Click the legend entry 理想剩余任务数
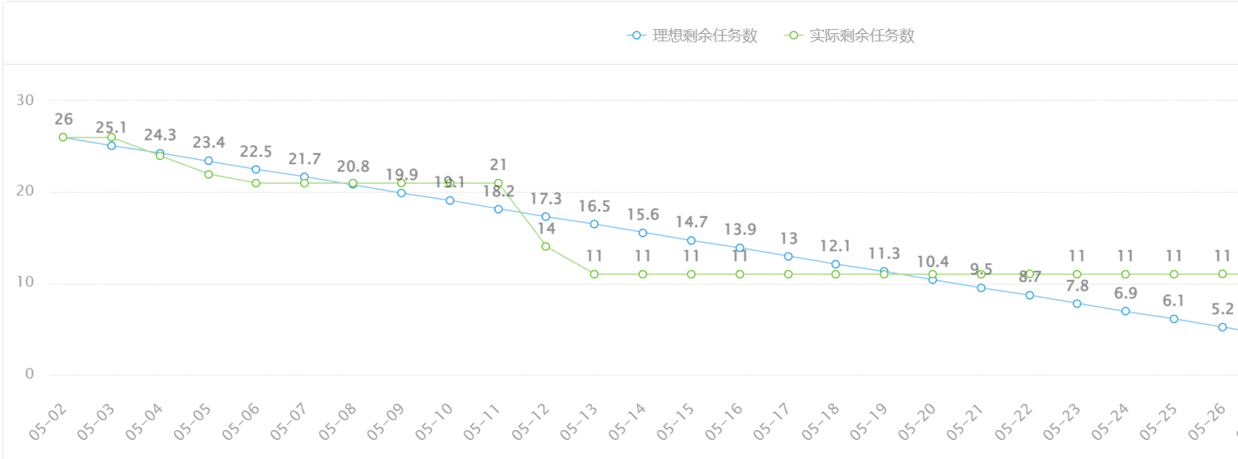tap(692, 36)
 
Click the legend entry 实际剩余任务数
tap(850, 36)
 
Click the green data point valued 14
tap(546, 246)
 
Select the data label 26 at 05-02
tap(63, 119)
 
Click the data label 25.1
tap(111, 128)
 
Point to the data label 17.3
tap(546, 199)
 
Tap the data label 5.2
tap(1222, 309)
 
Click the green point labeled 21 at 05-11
tap(498, 183)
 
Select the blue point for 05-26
tap(1222, 327)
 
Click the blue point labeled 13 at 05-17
tap(788, 256)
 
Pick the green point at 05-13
tap(595, 274)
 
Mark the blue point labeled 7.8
tap(1077, 303)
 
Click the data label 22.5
tap(255, 152)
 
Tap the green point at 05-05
tap(208, 174)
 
